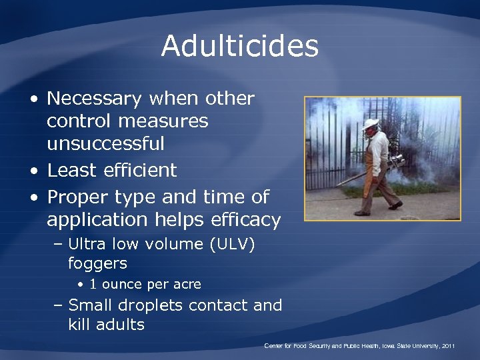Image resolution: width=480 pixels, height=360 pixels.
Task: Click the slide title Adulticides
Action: click(240, 47)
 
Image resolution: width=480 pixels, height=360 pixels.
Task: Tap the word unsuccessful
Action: click(105, 144)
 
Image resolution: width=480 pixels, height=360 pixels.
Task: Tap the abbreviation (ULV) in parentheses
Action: click(232, 245)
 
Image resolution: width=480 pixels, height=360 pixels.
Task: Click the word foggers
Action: click(97, 264)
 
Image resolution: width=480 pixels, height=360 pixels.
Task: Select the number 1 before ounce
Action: click(93, 285)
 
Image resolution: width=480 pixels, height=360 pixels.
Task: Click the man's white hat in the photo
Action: click(370, 123)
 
